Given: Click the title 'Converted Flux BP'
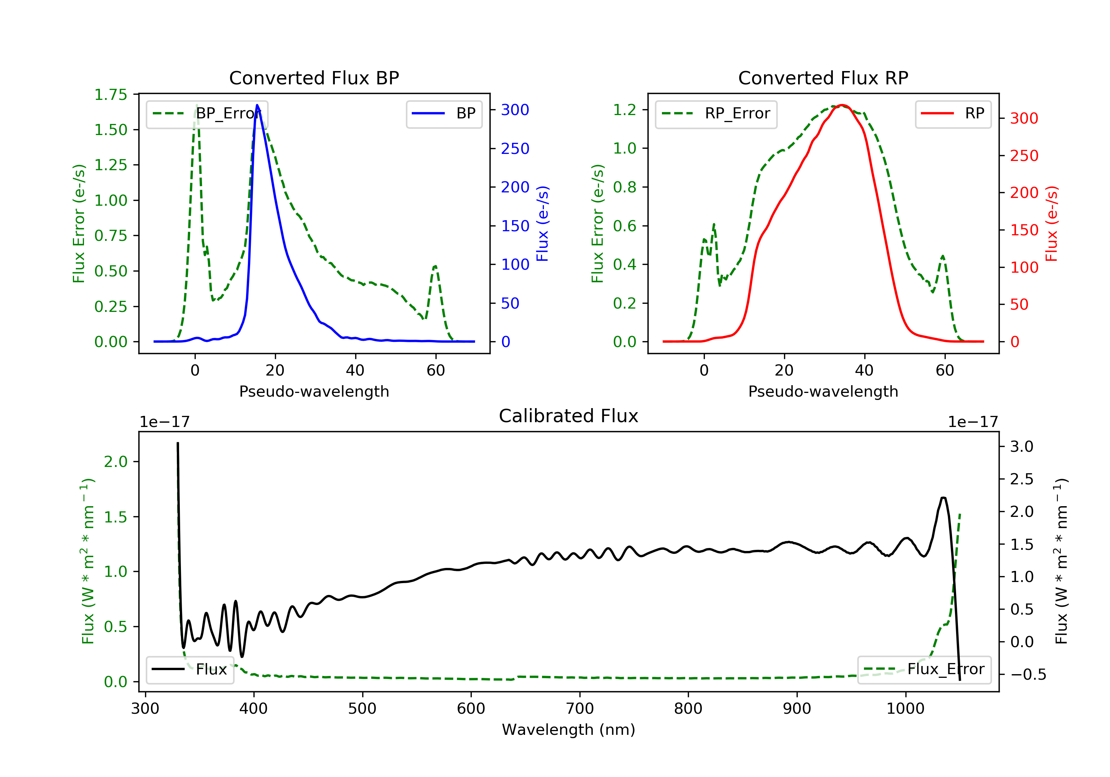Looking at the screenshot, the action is [x=314, y=78].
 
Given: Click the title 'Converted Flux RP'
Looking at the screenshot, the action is [x=823, y=78].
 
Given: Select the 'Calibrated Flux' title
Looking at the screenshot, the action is [x=569, y=416].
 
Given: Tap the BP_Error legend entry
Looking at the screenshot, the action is [x=207, y=114].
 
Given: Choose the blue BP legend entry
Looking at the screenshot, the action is [x=444, y=114].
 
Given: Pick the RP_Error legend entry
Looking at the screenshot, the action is [x=716, y=114].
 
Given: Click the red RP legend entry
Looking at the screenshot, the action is [x=953, y=114].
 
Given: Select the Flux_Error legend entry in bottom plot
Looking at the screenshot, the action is [x=924, y=669].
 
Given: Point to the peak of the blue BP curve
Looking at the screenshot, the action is [x=257, y=105].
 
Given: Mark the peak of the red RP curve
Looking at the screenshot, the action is [x=842, y=105].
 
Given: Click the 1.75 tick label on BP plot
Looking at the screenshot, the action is [x=111, y=94].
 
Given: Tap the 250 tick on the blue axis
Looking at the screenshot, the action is [x=515, y=148].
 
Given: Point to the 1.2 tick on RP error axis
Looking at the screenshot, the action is [x=625, y=110].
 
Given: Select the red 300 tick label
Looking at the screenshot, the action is [x=1024, y=118].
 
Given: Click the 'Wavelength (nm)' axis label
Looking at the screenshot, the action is [x=569, y=730].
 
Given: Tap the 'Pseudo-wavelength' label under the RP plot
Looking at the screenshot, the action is [x=823, y=391].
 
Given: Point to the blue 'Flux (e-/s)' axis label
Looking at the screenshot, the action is [x=543, y=224].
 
